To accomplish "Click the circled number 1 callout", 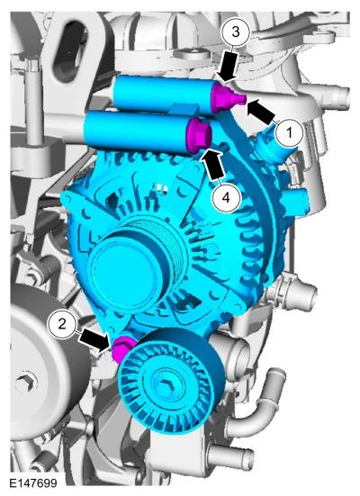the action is [x=289, y=133].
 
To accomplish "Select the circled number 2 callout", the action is [x=62, y=323].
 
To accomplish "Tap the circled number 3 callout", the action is [x=236, y=32].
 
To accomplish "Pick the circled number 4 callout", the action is [x=226, y=198].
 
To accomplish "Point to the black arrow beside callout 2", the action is [x=94, y=340].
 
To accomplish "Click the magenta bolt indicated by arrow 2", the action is [x=121, y=349].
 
